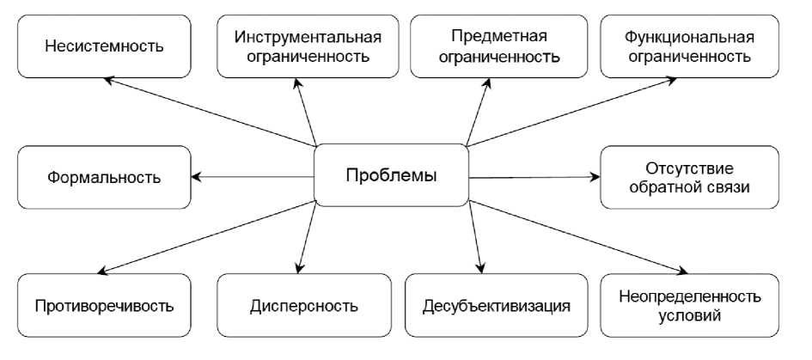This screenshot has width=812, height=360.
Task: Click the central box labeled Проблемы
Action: point(391,176)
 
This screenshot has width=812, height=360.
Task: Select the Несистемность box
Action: point(104,46)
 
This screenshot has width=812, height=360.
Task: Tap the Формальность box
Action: point(104,178)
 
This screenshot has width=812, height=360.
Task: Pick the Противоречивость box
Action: point(104,305)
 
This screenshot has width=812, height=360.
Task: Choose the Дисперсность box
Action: point(304,305)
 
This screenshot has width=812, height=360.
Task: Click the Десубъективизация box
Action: point(496,305)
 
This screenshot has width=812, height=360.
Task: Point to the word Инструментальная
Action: point(307,37)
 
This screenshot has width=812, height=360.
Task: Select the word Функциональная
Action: point(690,37)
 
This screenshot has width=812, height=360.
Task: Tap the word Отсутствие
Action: point(690,168)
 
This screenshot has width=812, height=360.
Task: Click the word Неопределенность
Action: point(690,296)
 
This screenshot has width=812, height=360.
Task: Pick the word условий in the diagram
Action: point(690,315)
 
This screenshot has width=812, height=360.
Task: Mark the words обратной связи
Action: point(690,187)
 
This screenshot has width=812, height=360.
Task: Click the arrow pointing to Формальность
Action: point(253,178)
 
